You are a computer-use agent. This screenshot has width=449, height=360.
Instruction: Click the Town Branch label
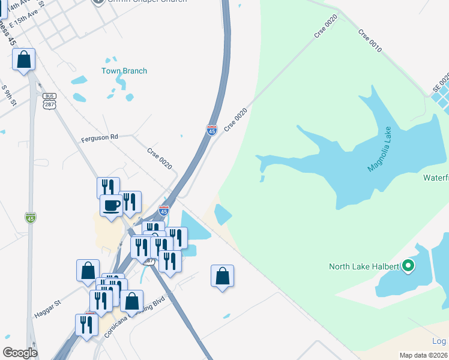click(x=124, y=71)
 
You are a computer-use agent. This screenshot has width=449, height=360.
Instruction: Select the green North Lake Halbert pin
click(x=408, y=265)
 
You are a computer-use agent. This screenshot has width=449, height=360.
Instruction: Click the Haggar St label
click(x=48, y=305)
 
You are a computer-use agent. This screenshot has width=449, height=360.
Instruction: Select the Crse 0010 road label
click(x=370, y=40)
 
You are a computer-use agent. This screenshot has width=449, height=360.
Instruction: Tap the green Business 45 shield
click(x=31, y=217)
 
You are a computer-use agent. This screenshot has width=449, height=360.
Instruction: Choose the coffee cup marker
click(x=111, y=205)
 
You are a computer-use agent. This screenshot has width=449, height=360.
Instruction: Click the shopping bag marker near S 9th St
click(x=23, y=59)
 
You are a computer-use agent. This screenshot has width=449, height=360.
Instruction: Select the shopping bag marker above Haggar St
click(x=88, y=270)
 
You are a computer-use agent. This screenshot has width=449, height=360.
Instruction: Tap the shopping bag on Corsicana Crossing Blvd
click(x=131, y=300)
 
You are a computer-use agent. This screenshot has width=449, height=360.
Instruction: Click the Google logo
click(x=20, y=353)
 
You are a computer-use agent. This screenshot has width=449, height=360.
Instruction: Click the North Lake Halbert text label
click(x=364, y=266)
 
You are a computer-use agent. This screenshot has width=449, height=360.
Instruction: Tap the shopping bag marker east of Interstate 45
click(x=222, y=275)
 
